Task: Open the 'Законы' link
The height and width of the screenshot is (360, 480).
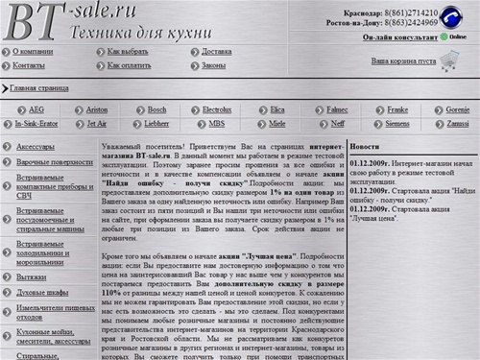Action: (x=213, y=65)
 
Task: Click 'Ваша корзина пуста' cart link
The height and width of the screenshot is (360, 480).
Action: (x=403, y=60)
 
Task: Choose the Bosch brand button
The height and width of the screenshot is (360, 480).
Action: (x=156, y=110)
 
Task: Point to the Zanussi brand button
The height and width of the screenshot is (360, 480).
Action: (x=457, y=124)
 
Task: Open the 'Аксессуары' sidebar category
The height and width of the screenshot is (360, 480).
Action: (x=36, y=147)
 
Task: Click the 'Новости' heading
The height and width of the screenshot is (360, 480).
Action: (x=365, y=146)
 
